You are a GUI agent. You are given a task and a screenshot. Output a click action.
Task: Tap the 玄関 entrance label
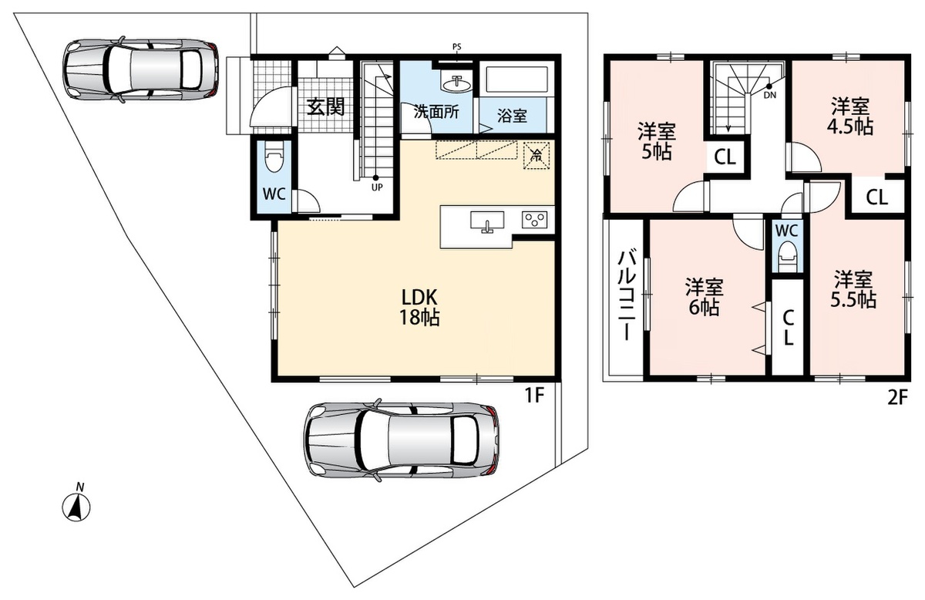tap(325, 107)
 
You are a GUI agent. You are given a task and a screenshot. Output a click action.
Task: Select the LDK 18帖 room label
tap(419, 307)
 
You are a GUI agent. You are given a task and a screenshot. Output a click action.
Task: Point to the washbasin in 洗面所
tap(456, 84)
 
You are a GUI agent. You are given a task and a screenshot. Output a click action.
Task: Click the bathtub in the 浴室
tap(517, 79)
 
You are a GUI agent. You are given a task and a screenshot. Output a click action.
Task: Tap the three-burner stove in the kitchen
tap(534, 220)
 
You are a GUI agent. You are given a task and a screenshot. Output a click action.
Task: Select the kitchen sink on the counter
tap(487, 221)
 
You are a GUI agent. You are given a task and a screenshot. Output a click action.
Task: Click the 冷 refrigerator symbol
tap(536, 155)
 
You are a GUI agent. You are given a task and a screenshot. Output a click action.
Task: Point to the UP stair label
tap(377, 187)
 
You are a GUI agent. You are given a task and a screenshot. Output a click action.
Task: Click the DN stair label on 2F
tap(770, 95)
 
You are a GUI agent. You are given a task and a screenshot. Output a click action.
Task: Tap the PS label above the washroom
tap(456, 47)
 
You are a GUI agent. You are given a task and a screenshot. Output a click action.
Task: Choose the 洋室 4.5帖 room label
tap(849, 116)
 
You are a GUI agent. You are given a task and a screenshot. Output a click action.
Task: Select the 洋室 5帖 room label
tap(657, 142)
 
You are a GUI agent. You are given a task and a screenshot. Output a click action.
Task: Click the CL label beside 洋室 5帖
tap(725, 157)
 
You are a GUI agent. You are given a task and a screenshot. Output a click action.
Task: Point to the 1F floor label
tap(535, 396)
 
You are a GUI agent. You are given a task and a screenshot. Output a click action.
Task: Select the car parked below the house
tap(401, 440)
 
